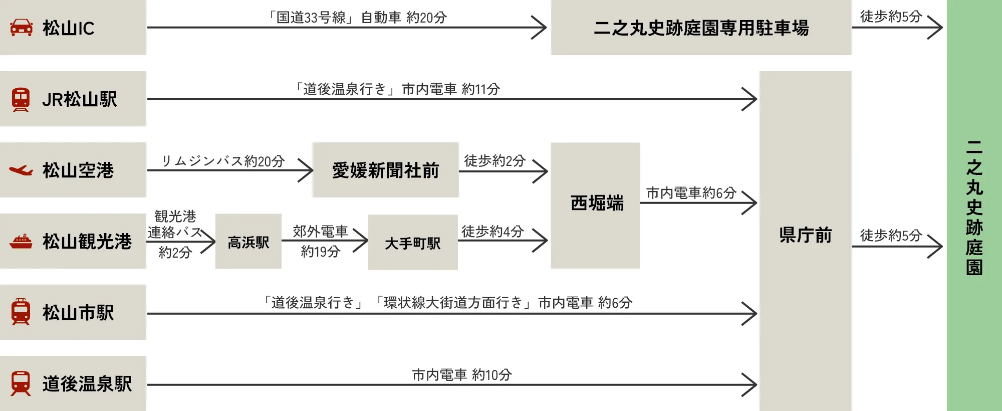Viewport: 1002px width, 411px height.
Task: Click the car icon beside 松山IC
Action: coord(22,28)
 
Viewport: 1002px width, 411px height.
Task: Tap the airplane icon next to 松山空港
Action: coord(21,170)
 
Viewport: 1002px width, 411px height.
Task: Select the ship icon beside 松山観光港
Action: coord(21,242)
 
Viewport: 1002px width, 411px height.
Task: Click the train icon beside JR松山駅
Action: coord(21,99)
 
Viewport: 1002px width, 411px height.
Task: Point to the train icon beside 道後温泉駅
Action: coord(21,383)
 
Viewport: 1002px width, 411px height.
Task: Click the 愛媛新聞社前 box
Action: coord(385,170)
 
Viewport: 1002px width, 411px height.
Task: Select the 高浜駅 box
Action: coord(248,243)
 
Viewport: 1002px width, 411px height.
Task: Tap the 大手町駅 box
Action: coord(412,243)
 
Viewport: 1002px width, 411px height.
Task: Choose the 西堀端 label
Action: coord(597,203)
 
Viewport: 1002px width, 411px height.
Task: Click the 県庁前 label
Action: coord(805,235)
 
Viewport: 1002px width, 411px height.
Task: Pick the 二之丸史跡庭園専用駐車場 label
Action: coord(701,28)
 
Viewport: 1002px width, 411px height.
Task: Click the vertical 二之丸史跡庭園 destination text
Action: coord(974,208)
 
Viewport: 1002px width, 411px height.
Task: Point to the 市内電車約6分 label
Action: coord(691,193)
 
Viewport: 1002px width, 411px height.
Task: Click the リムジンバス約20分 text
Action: coord(223,161)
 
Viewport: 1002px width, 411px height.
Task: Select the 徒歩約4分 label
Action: coord(492,232)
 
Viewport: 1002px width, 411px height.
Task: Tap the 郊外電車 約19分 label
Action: coord(320,241)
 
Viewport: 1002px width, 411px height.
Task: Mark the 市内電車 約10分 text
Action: coord(462,375)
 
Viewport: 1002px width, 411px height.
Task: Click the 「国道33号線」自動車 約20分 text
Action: coord(357,18)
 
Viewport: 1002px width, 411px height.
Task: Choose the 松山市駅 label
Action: coord(78,313)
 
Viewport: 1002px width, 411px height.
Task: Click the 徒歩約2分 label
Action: coord(494,161)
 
